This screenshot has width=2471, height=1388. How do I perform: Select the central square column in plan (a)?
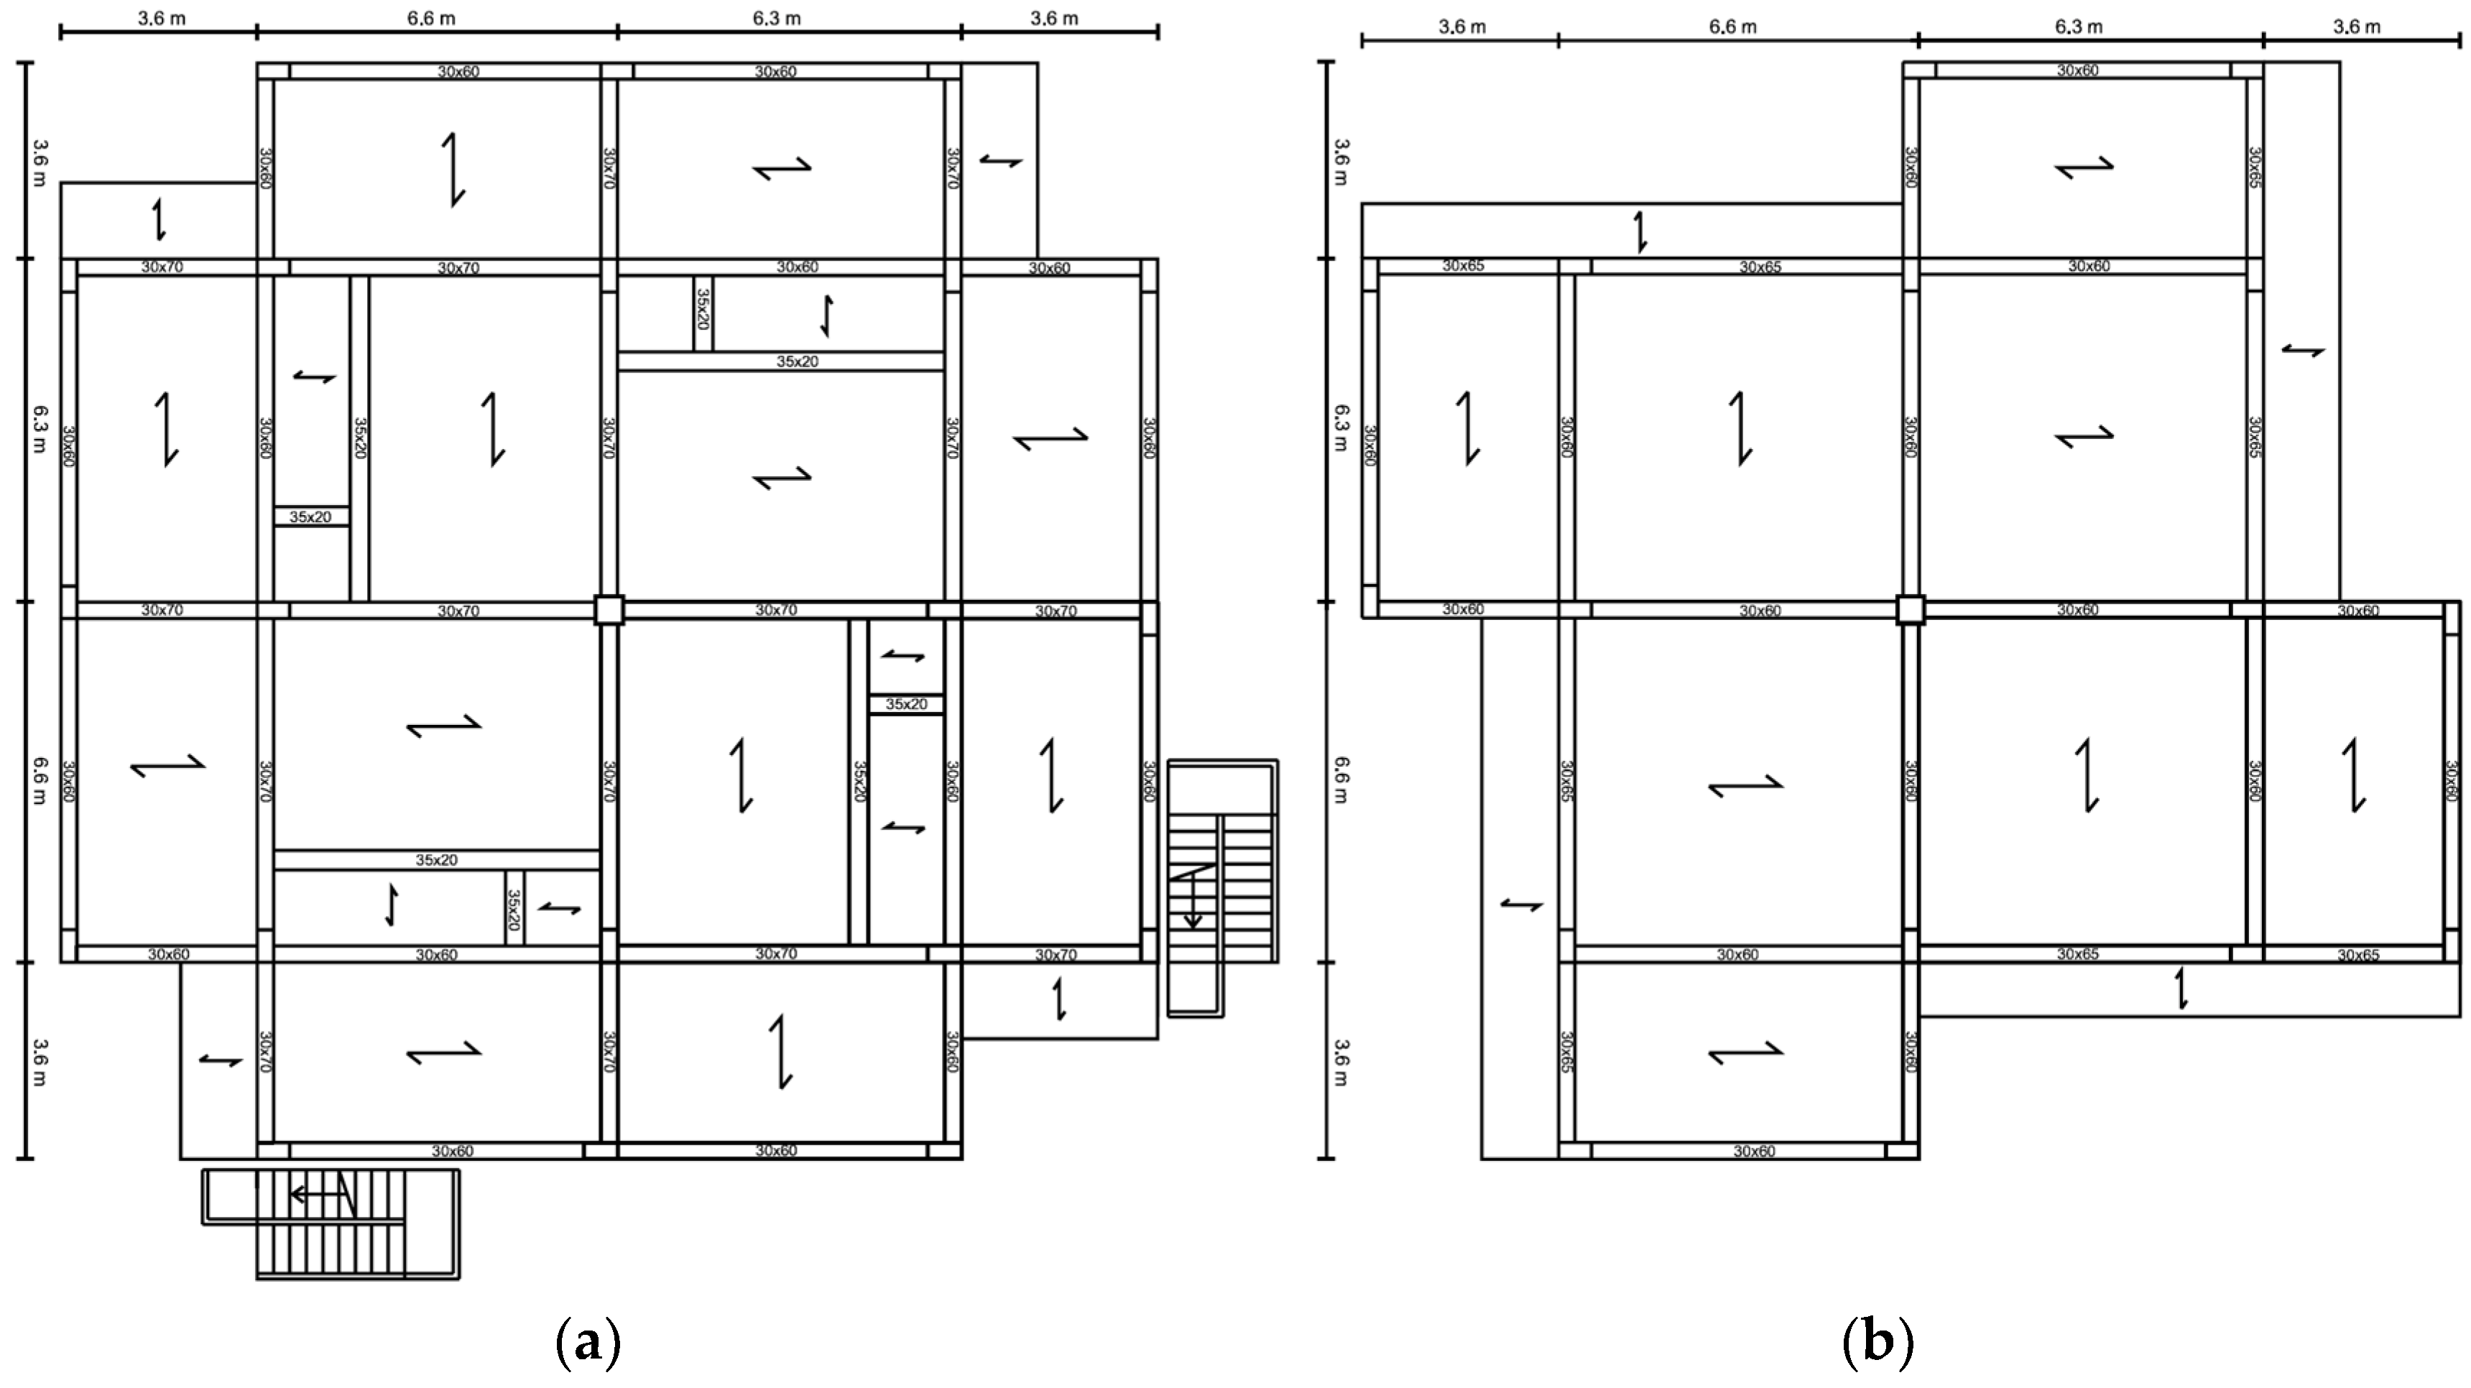click(x=608, y=610)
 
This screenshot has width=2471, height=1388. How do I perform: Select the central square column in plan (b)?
click(x=1910, y=610)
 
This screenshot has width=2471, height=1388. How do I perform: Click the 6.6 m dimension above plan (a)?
click(x=432, y=18)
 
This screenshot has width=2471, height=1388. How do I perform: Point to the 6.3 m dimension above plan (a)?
click(x=777, y=18)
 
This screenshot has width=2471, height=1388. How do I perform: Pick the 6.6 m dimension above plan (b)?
click(x=1732, y=27)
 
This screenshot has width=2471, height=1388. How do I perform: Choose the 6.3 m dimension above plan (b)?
click(x=2078, y=27)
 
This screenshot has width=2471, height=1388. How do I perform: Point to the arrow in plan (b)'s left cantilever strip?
click(x=1521, y=904)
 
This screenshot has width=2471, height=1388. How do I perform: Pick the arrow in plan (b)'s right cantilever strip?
click(x=2303, y=351)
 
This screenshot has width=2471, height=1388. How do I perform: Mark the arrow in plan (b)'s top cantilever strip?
click(x=1641, y=232)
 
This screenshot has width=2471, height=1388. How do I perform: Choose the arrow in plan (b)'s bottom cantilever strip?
click(x=2181, y=988)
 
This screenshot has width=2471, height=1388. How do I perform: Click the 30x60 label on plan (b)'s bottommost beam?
click(x=1753, y=1151)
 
